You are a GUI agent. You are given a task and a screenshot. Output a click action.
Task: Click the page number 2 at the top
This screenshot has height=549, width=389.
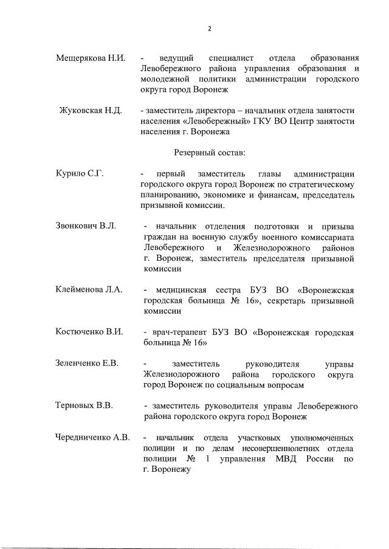pyautogui.click(x=209, y=29)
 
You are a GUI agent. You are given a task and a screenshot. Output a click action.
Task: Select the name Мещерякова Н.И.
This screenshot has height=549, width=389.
pyautogui.click(x=91, y=58)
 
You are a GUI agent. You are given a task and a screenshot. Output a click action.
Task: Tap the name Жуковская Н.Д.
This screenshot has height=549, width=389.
pyautogui.click(x=91, y=111)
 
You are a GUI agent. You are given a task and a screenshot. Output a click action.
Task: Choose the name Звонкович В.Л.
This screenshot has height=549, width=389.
pyautogui.click(x=86, y=226)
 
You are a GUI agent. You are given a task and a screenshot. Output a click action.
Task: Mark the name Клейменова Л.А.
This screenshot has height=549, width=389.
pyautogui.click(x=89, y=289)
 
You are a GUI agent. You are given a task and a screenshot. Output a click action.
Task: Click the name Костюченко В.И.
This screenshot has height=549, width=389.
pyautogui.click(x=89, y=331)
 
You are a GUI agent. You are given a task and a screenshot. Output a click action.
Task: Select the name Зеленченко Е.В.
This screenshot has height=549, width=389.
pyautogui.click(x=87, y=364)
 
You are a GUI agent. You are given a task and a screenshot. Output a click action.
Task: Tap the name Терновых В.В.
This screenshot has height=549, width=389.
pyautogui.click(x=84, y=406)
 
